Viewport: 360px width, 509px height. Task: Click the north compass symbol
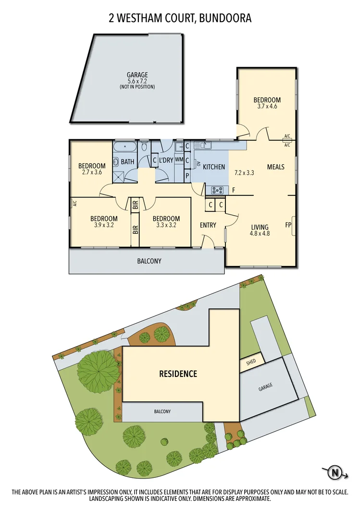coord(335,473)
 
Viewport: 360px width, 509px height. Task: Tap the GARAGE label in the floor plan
coord(137,75)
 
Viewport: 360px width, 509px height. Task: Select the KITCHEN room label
coord(214,167)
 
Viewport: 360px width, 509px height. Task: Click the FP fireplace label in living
coord(288,225)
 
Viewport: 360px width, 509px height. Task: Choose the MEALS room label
coord(275,167)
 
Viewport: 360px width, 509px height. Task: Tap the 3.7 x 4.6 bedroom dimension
coord(267,107)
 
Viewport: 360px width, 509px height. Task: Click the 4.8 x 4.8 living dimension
coord(260,234)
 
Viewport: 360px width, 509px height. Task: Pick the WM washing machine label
coord(179,159)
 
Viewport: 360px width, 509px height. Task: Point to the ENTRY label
coord(208,225)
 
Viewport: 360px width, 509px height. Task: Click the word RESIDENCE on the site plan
coord(178,374)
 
